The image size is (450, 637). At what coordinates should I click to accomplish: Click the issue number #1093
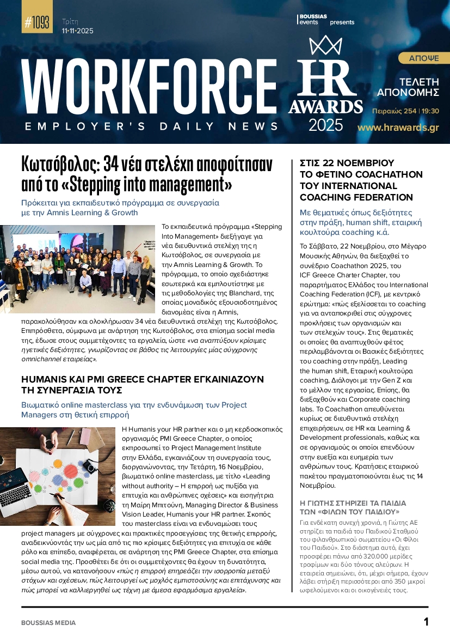point(37,23)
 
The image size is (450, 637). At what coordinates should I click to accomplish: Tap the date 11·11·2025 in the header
point(78,31)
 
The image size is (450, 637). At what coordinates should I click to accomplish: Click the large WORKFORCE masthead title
point(149,87)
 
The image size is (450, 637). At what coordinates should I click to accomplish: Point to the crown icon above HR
point(325,46)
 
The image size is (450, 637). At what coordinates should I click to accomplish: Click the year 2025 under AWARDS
point(326,125)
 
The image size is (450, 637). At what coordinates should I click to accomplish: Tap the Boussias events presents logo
point(326,20)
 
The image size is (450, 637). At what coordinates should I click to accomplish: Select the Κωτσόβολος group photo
point(79,269)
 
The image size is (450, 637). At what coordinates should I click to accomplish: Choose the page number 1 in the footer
point(426,622)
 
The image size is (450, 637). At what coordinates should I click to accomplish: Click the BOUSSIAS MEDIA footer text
point(48,622)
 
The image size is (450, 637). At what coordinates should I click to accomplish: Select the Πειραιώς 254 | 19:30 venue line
point(405,111)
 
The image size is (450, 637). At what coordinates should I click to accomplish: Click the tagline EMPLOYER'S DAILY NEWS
point(152,126)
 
